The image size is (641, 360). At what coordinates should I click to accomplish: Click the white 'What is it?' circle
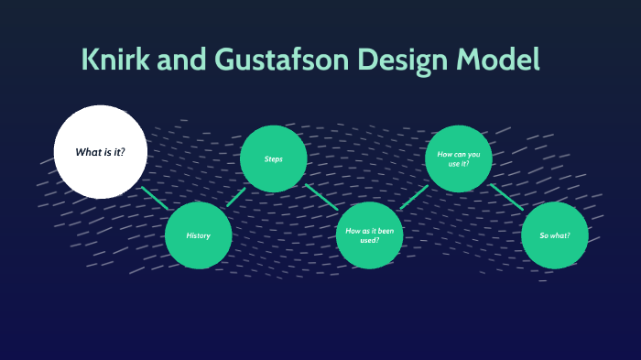[x=101, y=152]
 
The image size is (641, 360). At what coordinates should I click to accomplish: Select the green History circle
[x=199, y=235]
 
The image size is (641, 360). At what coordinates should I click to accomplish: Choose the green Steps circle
[x=273, y=158]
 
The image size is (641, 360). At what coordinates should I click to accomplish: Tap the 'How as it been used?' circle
[x=369, y=235]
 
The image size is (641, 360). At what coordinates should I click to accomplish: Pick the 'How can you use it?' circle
[x=459, y=158]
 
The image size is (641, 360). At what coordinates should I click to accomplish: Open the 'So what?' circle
[x=554, y=235]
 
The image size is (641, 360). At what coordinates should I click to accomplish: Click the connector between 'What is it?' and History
[x=154, y=198]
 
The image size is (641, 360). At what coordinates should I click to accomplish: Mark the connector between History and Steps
[x=236, y=197]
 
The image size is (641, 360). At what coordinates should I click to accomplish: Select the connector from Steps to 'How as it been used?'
[x=321, y=197]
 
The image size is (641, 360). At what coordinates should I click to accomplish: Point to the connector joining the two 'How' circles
[x=414, y=197]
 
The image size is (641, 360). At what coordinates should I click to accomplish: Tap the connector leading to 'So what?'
[x=506, y=197]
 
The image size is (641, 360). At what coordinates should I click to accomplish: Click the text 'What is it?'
[x=100, y=152]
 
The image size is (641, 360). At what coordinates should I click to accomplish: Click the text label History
[x=199, y=235]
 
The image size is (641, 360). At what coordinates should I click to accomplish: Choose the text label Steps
[x=273, y=158]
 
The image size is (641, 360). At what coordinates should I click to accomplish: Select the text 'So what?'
[x=554, y=235]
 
